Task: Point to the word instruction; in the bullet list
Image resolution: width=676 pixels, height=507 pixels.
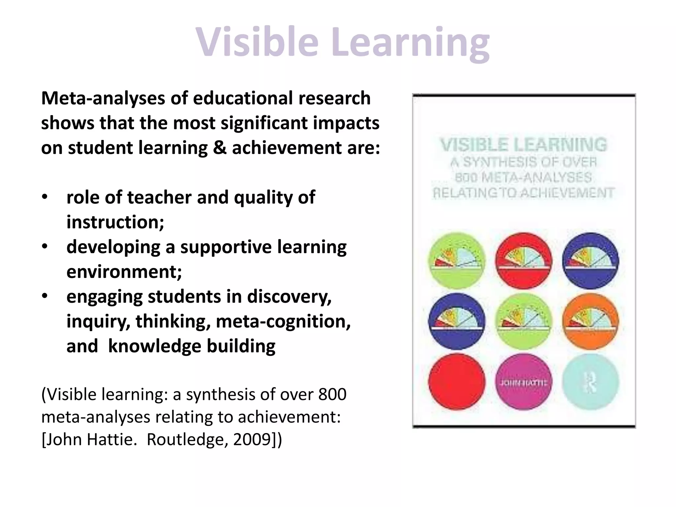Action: [x=115, y=222]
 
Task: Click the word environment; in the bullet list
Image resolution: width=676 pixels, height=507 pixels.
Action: [x=124, y=272]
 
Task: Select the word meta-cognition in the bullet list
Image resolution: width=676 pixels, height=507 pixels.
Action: [x=283, y=321]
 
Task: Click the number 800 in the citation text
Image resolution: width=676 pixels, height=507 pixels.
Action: [x=332, y=394]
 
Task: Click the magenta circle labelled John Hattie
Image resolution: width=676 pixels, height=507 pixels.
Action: [x=524, y=382]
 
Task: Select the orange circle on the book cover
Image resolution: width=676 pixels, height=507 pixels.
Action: [x=591, y=321]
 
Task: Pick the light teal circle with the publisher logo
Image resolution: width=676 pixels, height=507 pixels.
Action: [x=591, y=382]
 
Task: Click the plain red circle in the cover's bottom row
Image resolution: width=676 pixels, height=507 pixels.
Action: [x=457, y=382]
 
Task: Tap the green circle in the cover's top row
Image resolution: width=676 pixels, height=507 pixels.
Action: [x=457, y=261]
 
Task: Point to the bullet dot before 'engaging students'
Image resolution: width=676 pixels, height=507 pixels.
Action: [x=45, y=296]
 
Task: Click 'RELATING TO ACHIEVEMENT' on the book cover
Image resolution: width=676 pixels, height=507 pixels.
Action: [x=524, y=193]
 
